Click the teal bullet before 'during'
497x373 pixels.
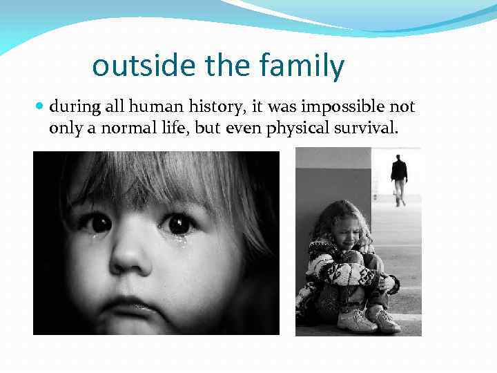(x=39, y=107)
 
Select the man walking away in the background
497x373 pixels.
(x=399, y=179)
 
